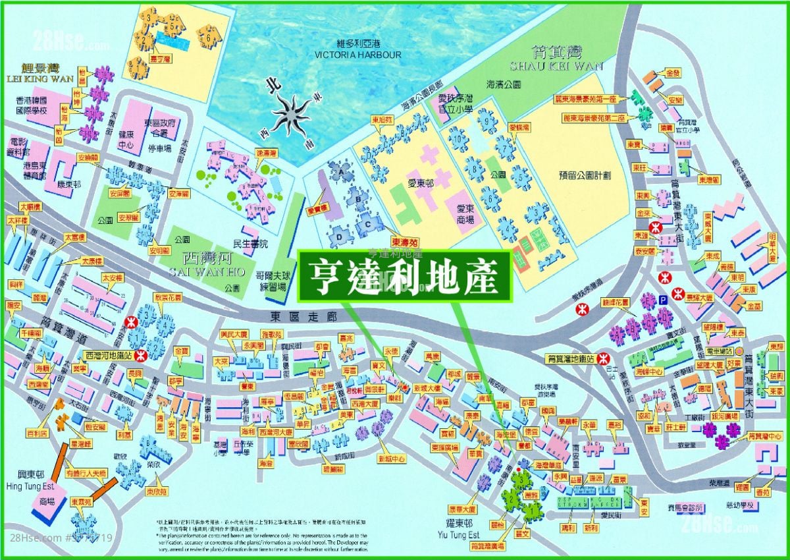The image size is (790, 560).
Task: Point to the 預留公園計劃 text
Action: [585, 176]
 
